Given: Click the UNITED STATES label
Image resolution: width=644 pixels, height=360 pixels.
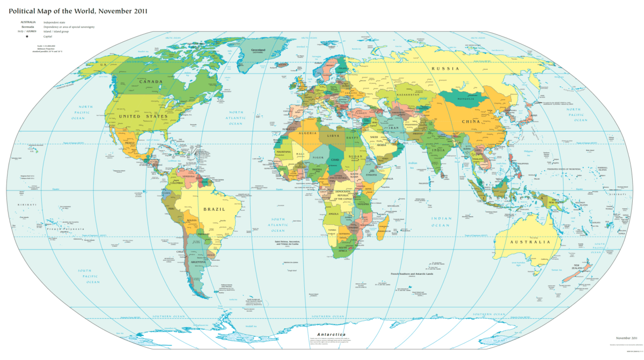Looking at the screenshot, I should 143,116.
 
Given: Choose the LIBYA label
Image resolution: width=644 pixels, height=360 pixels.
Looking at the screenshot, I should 334,136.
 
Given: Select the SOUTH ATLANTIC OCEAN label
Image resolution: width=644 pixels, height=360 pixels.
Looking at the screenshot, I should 278,225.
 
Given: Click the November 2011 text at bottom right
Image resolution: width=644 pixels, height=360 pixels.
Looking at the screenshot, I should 626,338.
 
